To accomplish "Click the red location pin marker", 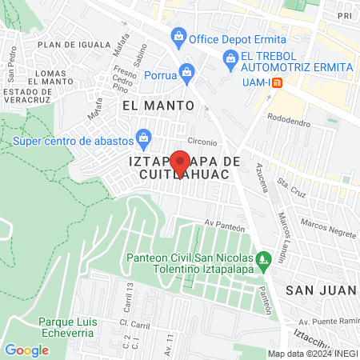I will pyautogui.click(x=180, y=160).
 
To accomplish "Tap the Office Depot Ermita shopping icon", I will pyautogui.click(x=178, y=37).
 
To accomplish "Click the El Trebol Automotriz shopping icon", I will pyautogui.click(x=230, y=56).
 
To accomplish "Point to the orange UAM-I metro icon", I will pyautogui.click(x=277, y=82).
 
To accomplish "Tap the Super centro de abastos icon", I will pyautogui.click(x=143, y=137).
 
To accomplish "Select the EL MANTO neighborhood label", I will pyautogui.click(x=158, y=105).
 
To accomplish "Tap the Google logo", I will pyautogui.click(x=27, y=350).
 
